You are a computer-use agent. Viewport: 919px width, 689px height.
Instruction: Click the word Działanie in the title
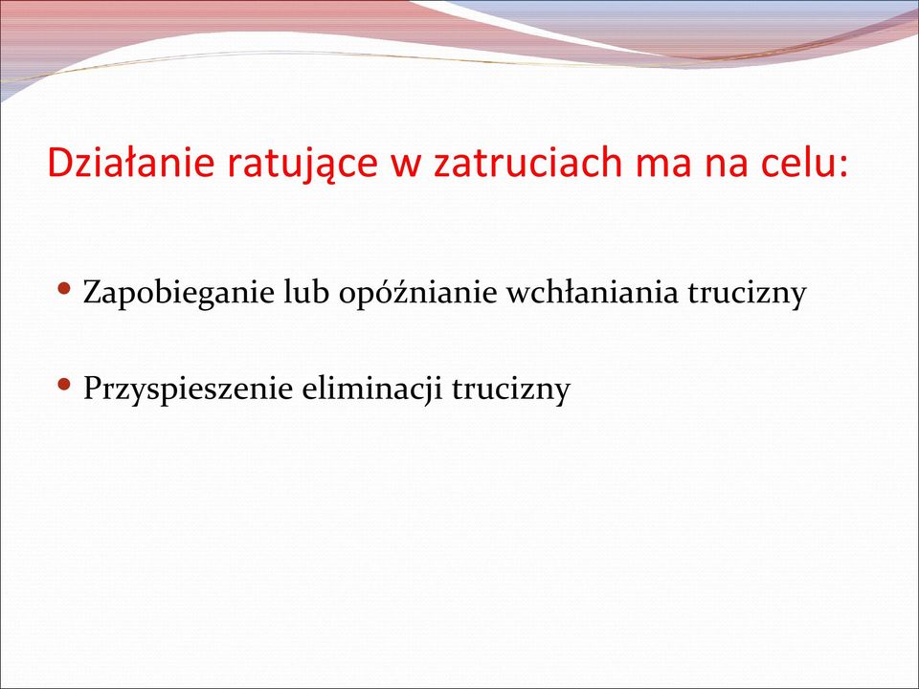[131, 162]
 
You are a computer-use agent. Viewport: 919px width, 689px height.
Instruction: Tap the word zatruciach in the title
[527, 163]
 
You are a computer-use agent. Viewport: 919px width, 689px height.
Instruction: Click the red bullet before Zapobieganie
[65, 288]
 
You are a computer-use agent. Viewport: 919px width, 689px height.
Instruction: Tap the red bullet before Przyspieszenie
[65, 385]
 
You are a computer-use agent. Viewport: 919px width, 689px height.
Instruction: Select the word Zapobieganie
[179, 293]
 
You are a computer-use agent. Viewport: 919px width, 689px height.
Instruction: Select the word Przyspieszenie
[188, 389]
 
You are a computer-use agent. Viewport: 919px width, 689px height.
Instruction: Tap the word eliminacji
[371, 389]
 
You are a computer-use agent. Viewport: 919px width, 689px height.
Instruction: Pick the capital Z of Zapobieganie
[93, 293]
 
